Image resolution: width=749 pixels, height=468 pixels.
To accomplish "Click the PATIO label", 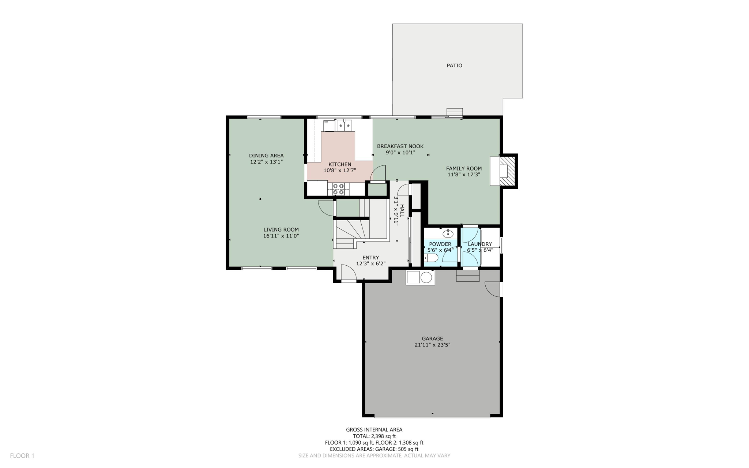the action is coord(454,65).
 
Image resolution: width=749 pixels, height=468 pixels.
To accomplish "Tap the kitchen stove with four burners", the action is coord(338,189).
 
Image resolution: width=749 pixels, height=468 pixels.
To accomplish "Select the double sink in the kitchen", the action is coord(344,126).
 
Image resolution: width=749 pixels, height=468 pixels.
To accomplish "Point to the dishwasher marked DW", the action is coord(329,126).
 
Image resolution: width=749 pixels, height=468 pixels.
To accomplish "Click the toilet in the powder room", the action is coord(431,258).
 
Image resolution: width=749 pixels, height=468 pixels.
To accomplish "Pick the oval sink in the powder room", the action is coord(448,233).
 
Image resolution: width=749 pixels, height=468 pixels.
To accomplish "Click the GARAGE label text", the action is coord(432,339).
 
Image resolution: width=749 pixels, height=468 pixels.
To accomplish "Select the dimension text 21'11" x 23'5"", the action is coord(432,345).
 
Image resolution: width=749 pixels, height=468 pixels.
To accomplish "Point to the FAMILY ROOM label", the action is coord(464,169).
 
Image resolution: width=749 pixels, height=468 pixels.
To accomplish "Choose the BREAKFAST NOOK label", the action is coord(400,146).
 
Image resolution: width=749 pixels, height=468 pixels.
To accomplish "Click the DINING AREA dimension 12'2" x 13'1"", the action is coord(266,162).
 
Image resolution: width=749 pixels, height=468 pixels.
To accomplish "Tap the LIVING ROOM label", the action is coord(281,230).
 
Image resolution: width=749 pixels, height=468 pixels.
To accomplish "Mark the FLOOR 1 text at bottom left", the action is coord(22,456).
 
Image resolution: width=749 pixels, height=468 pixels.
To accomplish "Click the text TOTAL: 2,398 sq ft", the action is coord(374,436).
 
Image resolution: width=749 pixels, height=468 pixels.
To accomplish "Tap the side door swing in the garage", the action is coord(493,289).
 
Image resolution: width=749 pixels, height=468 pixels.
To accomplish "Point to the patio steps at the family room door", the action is coord(455,112).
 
